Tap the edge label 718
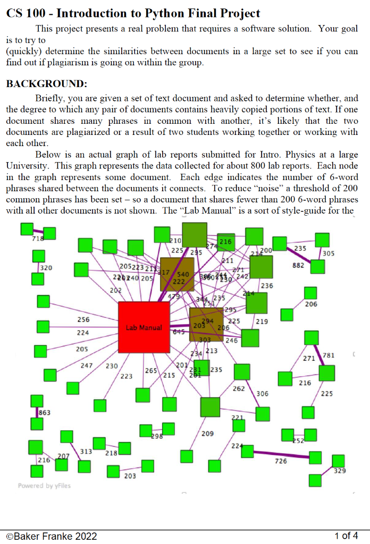38,239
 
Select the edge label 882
298,265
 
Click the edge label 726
281,461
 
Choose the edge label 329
340,471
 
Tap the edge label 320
46,268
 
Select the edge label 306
262,394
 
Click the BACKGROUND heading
46,84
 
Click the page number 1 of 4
346,535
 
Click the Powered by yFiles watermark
44,486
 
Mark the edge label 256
83,320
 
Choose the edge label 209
208,434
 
